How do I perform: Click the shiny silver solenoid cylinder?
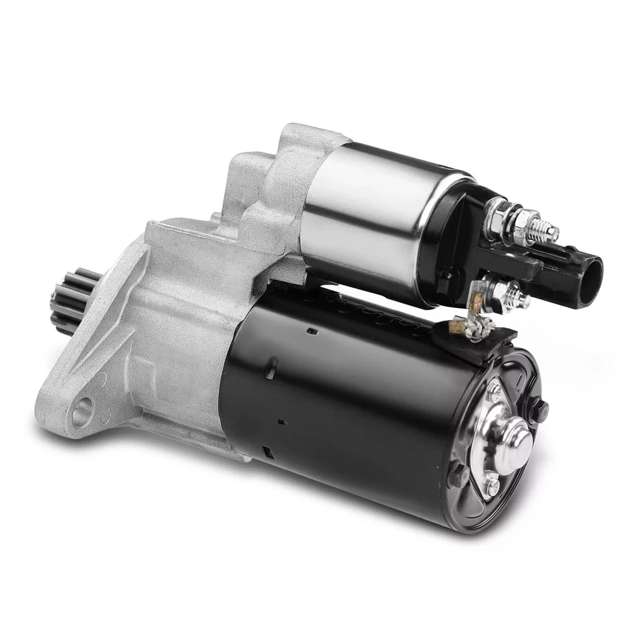[x=366, y=222]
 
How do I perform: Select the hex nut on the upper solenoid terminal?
[x=523, y=218]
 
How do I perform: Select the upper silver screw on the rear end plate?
[x=496, y=393]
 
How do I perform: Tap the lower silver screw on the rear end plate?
[x=492, y=485]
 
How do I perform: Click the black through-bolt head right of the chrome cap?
[x=542, y=410]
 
